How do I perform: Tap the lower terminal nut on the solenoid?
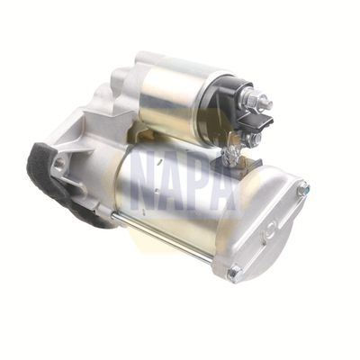(x=253, y=139)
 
